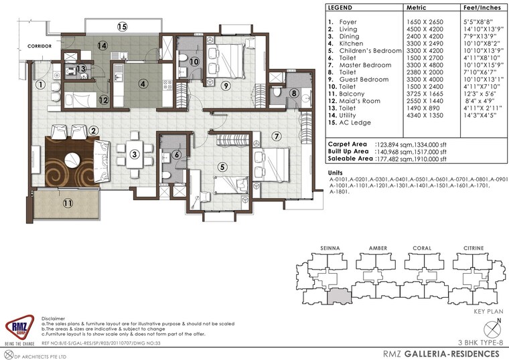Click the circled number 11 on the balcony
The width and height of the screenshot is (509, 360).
pyautogui.click(x=68, y=203)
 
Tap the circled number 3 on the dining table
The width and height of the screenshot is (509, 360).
pyautogui.click(x=135, y=155)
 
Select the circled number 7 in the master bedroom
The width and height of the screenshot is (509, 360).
pyautogui.click(x=275, y=137)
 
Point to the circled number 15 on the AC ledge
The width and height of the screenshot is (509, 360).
pyautogui.click(x=122, y=27)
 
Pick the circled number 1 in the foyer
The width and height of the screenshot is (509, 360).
pyautogui.click(x=42, y=85)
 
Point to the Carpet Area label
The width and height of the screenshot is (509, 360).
pyautogui.click(x=346, y=144)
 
